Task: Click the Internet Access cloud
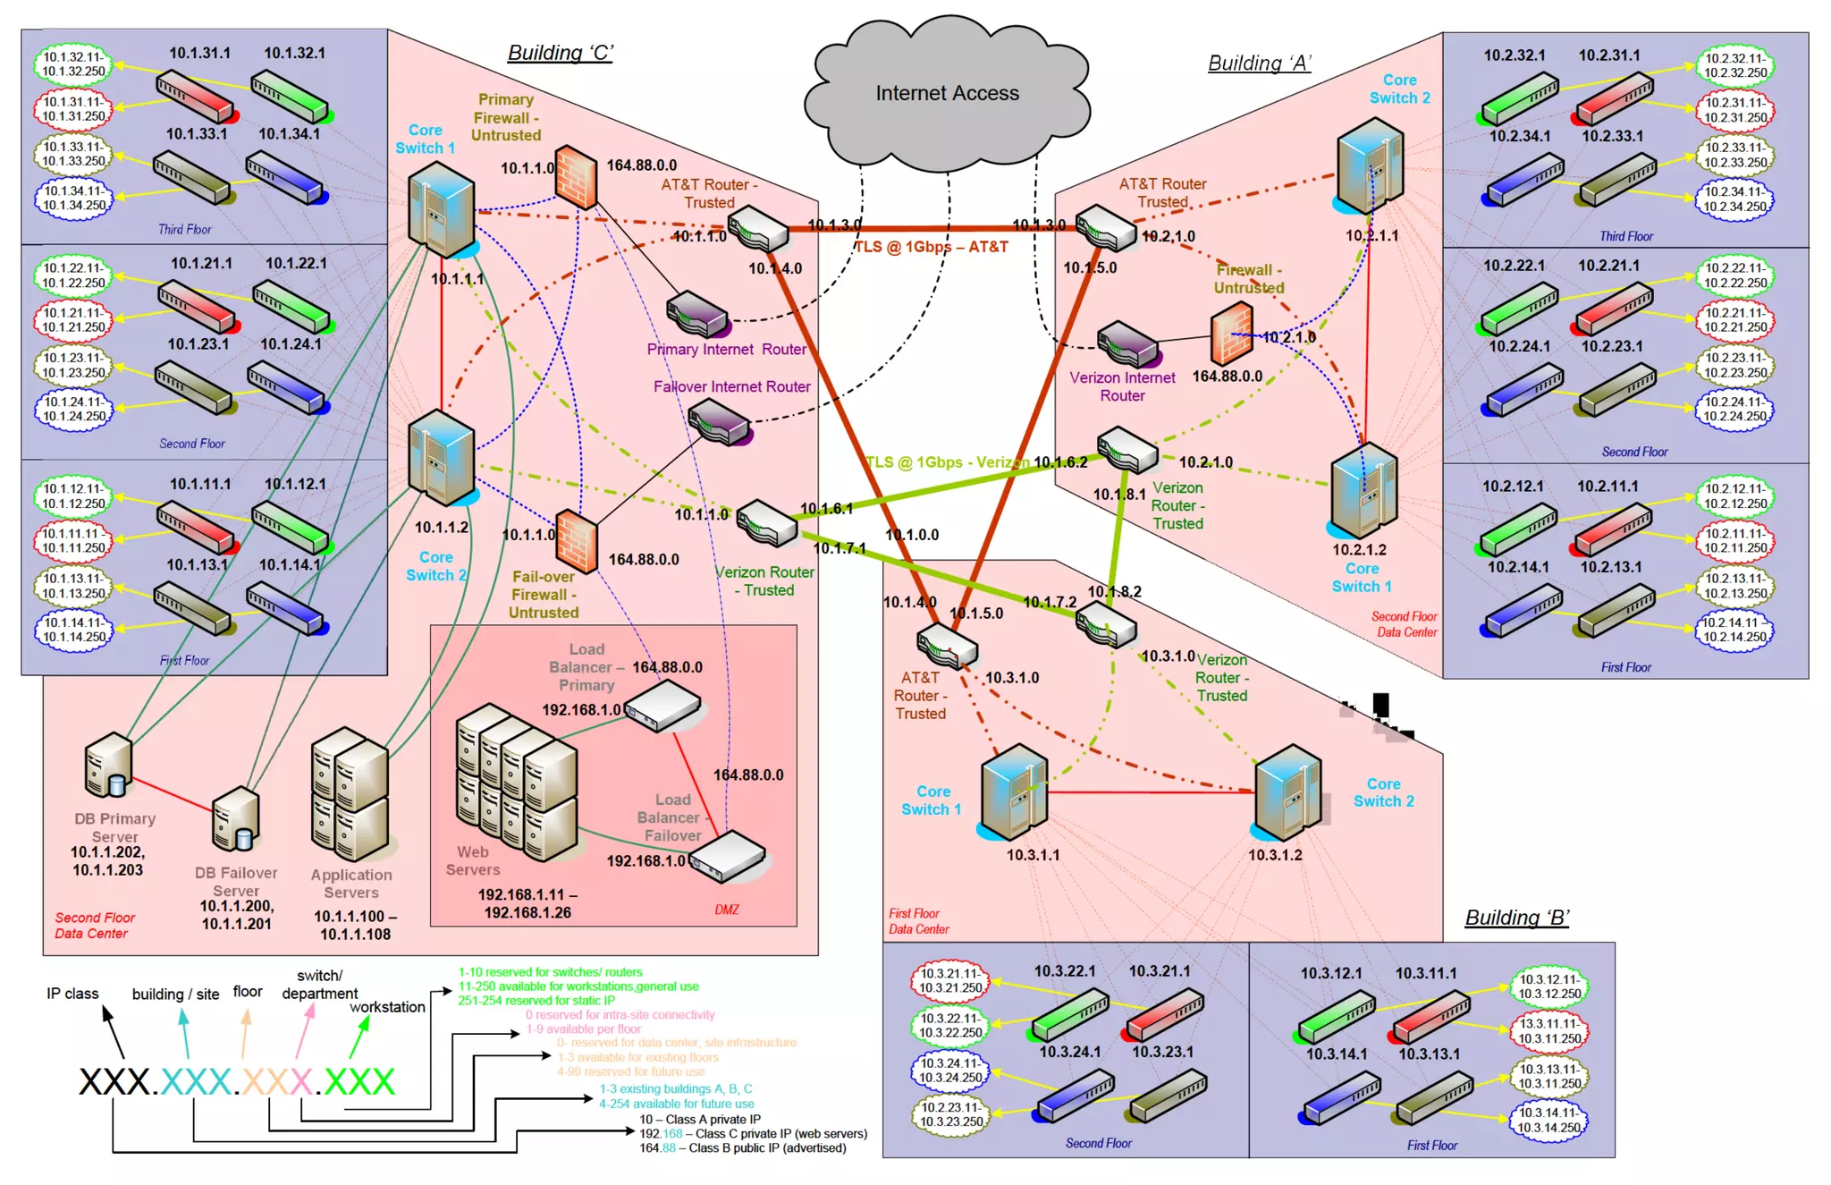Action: click(947, 94)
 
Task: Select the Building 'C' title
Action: click(561, 53)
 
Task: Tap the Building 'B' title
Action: click(1516, 918)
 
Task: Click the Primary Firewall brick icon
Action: click(576, 176)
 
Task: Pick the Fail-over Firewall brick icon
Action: click(577, 541)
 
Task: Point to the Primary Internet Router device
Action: click(698, 314)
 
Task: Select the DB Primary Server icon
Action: click(109, 766)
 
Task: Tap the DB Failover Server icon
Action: click(236, 819)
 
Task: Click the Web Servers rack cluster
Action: click(516, 783)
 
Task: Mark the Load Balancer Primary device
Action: click(662, 706)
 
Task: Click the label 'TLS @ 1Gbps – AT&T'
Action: click(931, 247)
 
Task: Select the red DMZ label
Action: click(727, 910)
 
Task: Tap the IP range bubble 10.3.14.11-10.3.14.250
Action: click(1548, 1120)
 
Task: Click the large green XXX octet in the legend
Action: click(359, 1081)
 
